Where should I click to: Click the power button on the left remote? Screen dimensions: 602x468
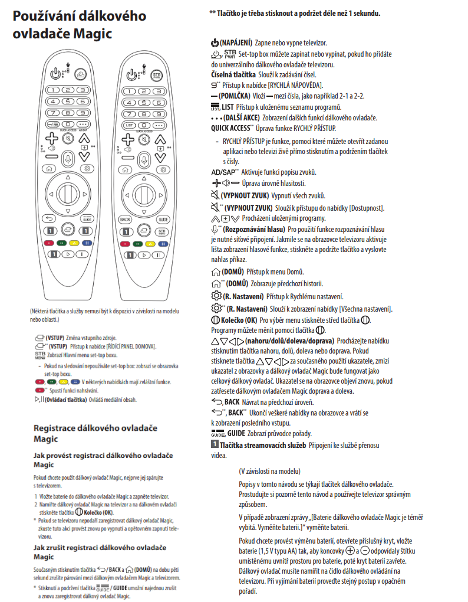click(55, 74)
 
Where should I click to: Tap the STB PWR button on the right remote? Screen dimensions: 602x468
click(157, 76)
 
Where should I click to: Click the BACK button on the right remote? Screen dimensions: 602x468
click(125, 218)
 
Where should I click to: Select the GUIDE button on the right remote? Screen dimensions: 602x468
click(163, 218)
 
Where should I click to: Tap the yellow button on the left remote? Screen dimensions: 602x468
click(74, 242)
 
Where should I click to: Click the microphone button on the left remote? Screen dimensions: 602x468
click(68, 158)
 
